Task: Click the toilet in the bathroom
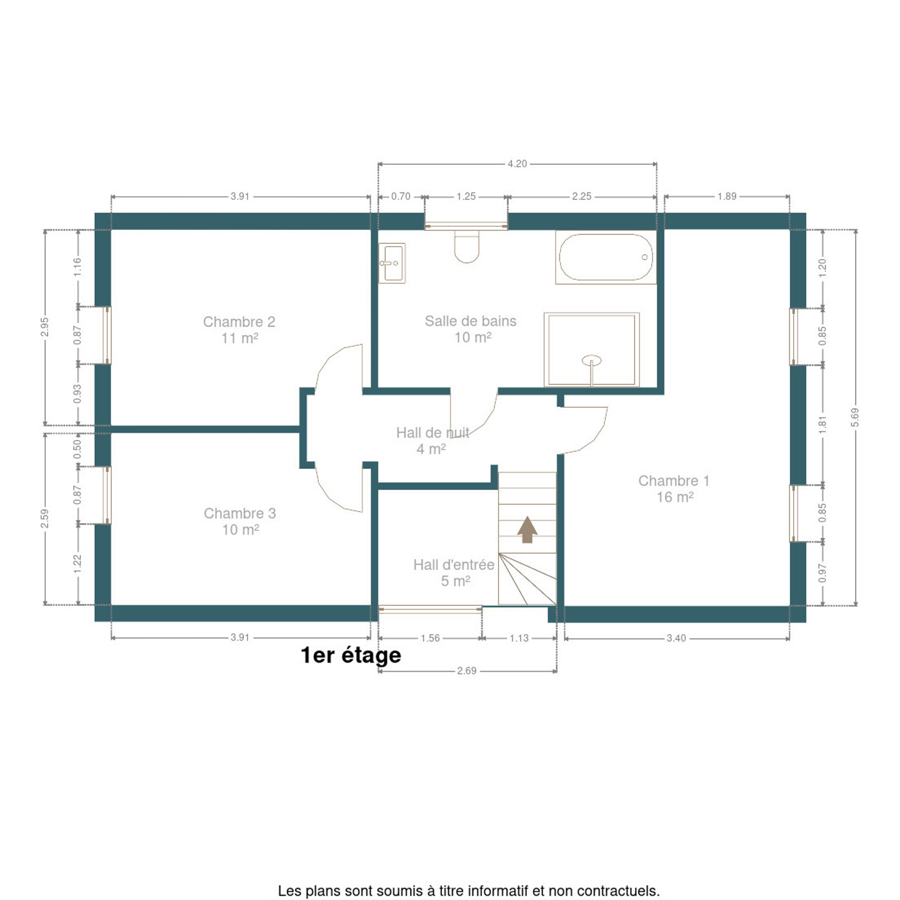pyautogui.click(x=466, y=247)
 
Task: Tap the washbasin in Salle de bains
pyautogui.click(x=391, y=263)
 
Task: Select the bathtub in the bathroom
pyautogui.click(x=605, y=257)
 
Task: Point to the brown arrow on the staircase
pyautogui.click(x=527, y=529)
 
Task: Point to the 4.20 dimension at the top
pyautogui.click(x=517, y=164)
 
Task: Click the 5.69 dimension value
pyautogui.click(x=855, y=417)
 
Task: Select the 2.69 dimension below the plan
pyautogui.click(x=467, y=671)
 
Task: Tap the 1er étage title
pyautogui.click(x=351, y=656)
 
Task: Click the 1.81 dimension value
pyautogui.click(x=822, y=424)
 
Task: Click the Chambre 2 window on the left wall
pyautogui.click(x=106, y=335)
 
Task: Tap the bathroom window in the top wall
pyautogui.click(x=466, y=226)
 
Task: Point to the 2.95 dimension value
pyautogui.click(x=44, y=327)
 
